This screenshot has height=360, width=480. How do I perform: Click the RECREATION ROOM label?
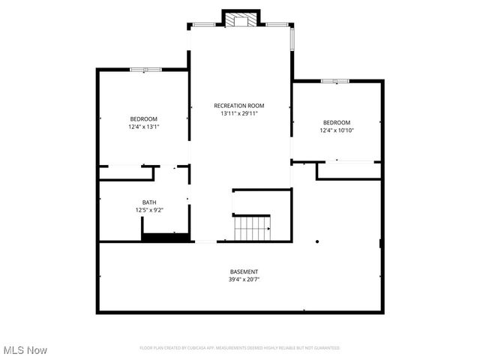click(239, 106)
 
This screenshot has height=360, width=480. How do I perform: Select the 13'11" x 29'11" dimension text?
click(239, 114)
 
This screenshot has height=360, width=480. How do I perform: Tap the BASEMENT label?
click(244, 271)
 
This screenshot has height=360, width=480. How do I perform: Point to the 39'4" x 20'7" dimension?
click(244, 279)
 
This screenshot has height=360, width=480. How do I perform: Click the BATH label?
click(149, 202)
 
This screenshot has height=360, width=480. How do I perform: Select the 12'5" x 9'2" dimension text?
click(149, 210)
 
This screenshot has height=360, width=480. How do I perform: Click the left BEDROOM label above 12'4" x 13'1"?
click(143, 119)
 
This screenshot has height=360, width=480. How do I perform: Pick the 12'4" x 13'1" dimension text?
click(143, 127)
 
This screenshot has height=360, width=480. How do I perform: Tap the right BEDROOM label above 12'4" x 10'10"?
click(337, 122)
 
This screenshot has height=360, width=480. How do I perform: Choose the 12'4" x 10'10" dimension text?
click(337, 130)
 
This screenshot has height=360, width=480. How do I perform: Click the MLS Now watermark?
click(25, 350)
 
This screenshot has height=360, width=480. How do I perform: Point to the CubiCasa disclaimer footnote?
click(239, 348)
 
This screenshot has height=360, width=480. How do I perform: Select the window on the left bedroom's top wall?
click(145, 70)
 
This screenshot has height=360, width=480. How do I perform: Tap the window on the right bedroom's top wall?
click(335, 80)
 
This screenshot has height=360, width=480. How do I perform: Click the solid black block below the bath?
click(165, 238)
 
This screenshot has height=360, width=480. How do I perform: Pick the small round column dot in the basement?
click(317, 241)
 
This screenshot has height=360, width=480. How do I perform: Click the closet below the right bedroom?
click(349, 170)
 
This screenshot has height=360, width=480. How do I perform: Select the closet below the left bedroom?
click(126, 173)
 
